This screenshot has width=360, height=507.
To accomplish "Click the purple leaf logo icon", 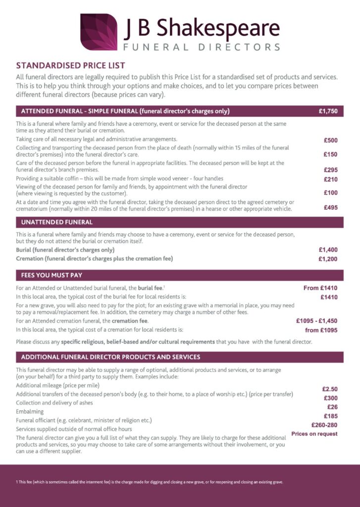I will coord(99,32).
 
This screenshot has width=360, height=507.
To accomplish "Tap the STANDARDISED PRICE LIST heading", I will coord(71,65).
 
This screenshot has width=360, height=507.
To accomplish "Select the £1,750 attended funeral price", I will coord(328,111).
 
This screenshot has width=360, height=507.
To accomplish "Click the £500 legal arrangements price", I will coord(331,140).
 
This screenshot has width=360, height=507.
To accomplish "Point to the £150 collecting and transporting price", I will coord(331,154).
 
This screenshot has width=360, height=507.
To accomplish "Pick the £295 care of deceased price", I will coord(331,170).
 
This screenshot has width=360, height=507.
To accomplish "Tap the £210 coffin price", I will coord(331,179).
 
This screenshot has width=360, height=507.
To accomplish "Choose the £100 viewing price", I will coord(331,193).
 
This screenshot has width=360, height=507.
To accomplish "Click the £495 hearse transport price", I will coord(331,208).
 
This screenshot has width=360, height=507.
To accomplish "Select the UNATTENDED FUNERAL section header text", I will coord(57,222).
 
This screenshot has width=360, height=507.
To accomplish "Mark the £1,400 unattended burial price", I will coord(328,251).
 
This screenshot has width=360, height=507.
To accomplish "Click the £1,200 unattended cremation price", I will coord(328,259).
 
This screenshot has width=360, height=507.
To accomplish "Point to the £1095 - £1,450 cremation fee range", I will coord(317,321).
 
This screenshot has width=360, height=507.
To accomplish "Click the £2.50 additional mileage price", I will coord(330,389).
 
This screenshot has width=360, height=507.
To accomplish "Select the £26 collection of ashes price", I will coord(331,407).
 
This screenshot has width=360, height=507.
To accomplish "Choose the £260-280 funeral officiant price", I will coord(324,425).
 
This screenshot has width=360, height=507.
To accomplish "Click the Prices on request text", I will coord(314,434).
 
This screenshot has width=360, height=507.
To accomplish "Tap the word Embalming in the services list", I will coord(30,411).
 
